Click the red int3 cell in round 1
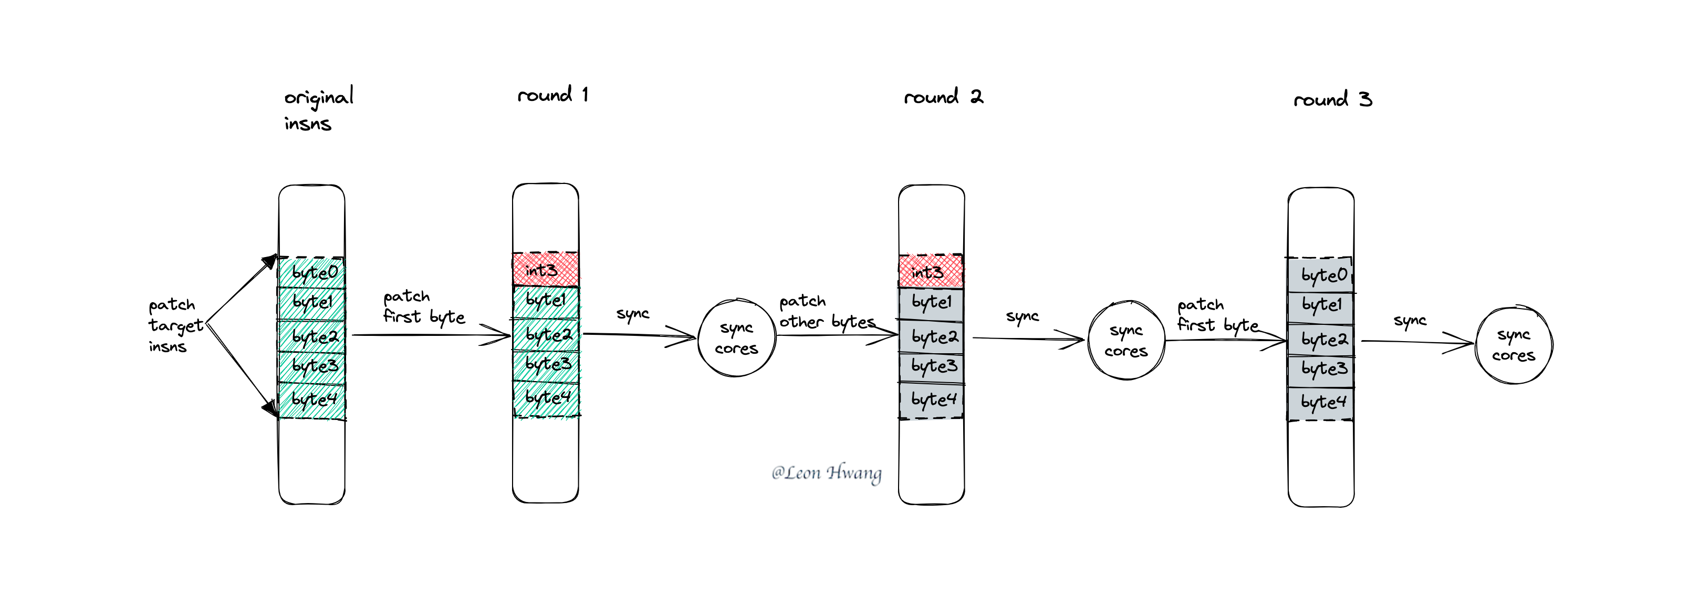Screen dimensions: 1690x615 click(546, 269)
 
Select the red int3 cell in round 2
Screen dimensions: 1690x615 click(931, 271)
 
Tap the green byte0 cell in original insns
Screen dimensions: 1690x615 click(311, 272)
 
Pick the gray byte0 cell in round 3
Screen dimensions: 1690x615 click(1321, 275)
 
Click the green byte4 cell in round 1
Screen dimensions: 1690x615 click(547, 398)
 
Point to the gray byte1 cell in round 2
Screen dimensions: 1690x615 click(931, 304)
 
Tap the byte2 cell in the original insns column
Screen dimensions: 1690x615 click(311, 336)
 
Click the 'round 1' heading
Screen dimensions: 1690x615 click(552, 95)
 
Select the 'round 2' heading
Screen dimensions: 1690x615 click(943, 97)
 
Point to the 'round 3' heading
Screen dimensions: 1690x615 click(1332, 99)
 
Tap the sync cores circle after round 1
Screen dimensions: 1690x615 click(736, 338)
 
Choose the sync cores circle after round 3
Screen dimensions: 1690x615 click(1514, 345)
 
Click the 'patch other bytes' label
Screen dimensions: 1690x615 click(827, 312)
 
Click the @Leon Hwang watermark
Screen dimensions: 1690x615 click(827, 473)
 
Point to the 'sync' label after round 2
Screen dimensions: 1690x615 click(1022, 317)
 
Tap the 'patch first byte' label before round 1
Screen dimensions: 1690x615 click(424, 307)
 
